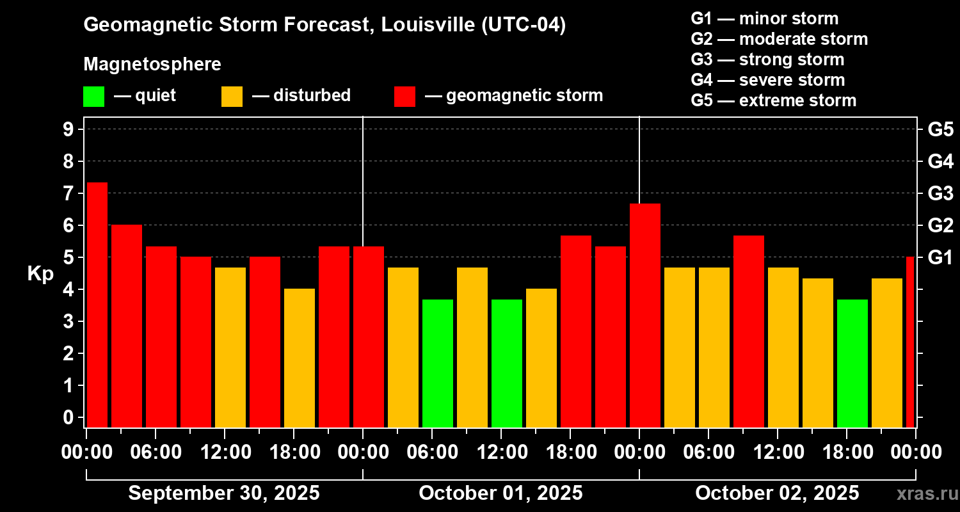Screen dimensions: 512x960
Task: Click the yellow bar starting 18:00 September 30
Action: pos(300,358)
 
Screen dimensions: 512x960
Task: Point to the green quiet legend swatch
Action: pos(93,97)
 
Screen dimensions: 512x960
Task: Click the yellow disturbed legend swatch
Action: pos(232,97)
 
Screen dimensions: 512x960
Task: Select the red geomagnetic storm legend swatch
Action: pos(404,97)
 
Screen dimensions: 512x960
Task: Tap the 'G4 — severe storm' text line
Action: pos(768,80)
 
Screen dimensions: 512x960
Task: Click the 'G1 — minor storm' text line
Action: pos(765,19)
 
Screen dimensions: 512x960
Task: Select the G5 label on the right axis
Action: pos(941,130)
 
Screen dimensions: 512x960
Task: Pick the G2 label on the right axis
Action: pos(941,226)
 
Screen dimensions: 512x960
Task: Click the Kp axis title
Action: pos(40,274)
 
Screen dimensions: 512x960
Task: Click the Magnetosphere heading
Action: pos(152,65)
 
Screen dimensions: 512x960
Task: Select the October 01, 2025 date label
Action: pos(500,493)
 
